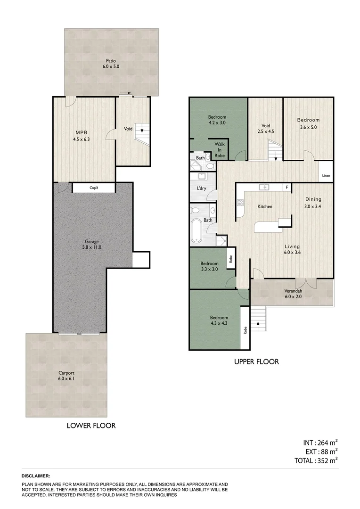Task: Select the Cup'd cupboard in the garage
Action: pyautogui.click(x=94, y=188)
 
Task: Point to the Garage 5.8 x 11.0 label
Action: pyautogui.click(x=92, y=244)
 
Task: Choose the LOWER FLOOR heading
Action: pyautogui.click(x=91, y=425)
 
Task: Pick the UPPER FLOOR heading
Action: pyautogui.click(x=256, y=362)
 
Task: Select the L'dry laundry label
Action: pyautogui.click(x=201, y=189)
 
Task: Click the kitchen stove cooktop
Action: pyautogui.click(x=240, y=203)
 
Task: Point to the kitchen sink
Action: pyautogui.click(x=266, y=187)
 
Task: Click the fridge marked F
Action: pyautogui.click(x=286, y=187)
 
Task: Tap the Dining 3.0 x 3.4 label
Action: pyautogui.click(x=313, y=203)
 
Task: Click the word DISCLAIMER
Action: pyautogui.click(x=36, y=476)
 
